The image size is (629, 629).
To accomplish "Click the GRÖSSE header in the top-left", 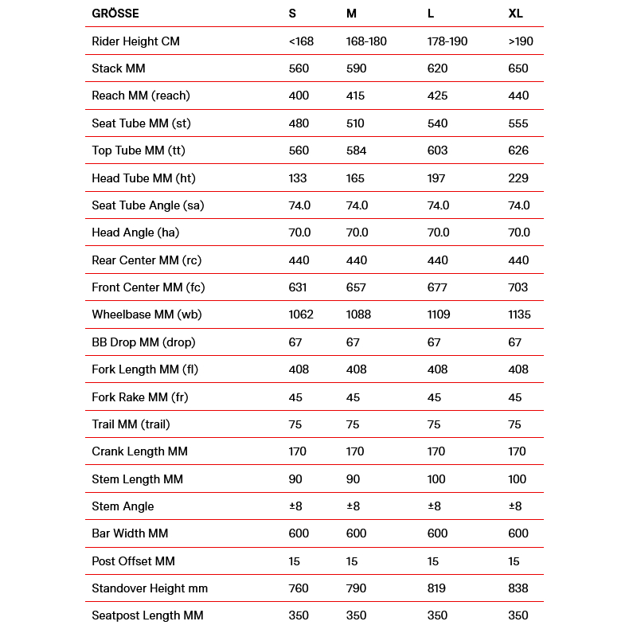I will [115, 14].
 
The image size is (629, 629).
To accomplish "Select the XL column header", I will [516, 14].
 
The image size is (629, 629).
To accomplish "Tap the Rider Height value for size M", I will [366, 41].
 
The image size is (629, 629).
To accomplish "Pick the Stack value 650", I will [518, 68].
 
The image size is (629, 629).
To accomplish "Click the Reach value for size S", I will [299, 96].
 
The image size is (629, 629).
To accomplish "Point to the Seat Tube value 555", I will [518, 123].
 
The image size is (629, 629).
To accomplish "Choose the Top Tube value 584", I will [356, 150].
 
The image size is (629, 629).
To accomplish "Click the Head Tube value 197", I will [437, 178].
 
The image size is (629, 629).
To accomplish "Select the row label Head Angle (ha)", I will [135, 232].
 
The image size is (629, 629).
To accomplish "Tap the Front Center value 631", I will [298, 287].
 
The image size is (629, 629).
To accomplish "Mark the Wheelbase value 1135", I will [519, 314].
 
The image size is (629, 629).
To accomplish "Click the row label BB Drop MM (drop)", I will [143, 342].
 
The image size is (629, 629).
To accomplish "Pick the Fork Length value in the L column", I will [438, 369].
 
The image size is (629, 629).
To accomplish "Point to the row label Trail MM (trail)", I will [131, 424].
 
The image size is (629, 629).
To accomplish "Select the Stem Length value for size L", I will [437, 479].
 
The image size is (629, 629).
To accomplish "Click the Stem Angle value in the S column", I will [295, 506].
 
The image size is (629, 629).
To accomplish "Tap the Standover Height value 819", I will [437, 588].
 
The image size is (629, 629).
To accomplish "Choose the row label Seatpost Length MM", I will [147, 615].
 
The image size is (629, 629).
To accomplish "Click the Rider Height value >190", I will [521, 41].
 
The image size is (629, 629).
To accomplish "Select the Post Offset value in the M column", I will [352, 561].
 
